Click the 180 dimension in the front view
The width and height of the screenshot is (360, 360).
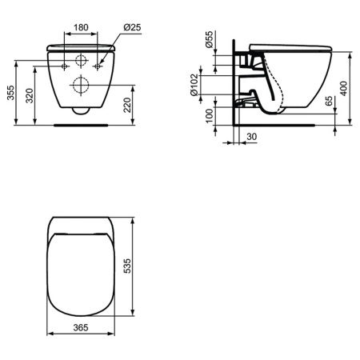81,26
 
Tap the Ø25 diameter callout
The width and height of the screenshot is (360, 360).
133,27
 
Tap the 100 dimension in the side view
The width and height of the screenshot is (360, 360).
210,116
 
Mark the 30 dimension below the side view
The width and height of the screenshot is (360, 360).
251,137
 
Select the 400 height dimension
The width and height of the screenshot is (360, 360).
344,87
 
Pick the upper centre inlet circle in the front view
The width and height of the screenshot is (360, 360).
80,62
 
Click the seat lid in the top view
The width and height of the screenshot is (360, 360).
80,272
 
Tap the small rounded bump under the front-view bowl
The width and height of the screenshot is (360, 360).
80,111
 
